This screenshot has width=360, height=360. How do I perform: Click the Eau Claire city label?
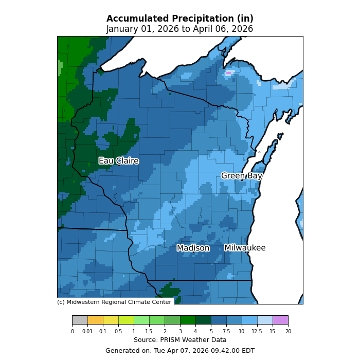point(118,161)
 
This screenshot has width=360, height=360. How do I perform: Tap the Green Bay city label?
point(241,176)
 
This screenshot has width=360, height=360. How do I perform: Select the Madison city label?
point(193,248)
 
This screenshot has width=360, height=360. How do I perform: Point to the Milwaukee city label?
point(245,248)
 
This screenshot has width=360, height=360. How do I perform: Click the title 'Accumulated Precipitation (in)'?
point(179,19)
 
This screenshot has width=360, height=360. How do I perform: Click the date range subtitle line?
point(179,29)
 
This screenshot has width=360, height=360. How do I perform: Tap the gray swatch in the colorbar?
point(80,320)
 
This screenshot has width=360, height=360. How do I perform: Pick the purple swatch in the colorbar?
point(280,320)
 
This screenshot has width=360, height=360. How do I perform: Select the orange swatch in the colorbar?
point(95,320)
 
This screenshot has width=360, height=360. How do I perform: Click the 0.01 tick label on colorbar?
point(87,332)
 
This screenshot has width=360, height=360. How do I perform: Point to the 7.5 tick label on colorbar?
point(226,332)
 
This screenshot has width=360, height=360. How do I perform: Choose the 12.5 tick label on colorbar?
point(257,332)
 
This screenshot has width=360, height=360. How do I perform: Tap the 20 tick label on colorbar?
point(288,332)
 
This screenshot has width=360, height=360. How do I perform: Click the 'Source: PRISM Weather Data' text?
point(180,340)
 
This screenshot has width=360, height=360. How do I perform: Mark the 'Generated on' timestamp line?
point(180,351)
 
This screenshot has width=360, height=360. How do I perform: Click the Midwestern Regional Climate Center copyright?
point(114,302)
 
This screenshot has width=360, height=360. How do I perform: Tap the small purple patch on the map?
point(228,73)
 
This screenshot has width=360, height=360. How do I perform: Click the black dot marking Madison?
point(193,252)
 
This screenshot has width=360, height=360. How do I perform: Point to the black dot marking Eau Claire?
point(119,165)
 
